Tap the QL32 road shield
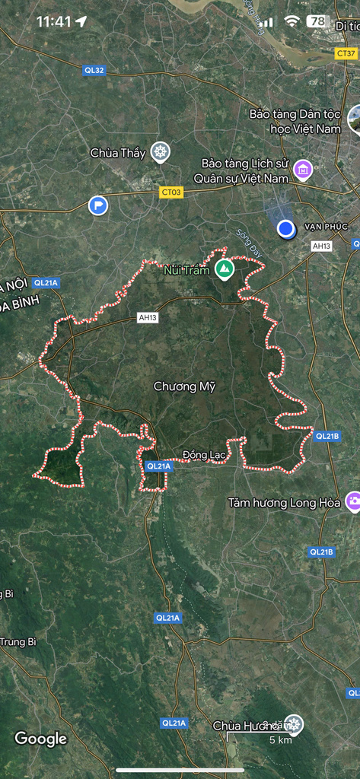point(94,70)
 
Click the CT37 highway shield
point(346,53)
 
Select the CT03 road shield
point(171,192)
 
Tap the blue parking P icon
point(98,205)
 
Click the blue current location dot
point(286,228)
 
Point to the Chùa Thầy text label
point(117,153)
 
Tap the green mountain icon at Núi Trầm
point(224,269)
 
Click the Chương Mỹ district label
point(184,386)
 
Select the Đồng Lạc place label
point(205,455)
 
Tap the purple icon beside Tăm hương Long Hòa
point(353,501)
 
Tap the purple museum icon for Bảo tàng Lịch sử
point(303,169)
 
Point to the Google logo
point(41,738)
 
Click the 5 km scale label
point(281,740)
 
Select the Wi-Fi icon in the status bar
point(292,21)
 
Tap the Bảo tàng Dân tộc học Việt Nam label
point(295,121)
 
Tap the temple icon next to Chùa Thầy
point(159,152)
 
